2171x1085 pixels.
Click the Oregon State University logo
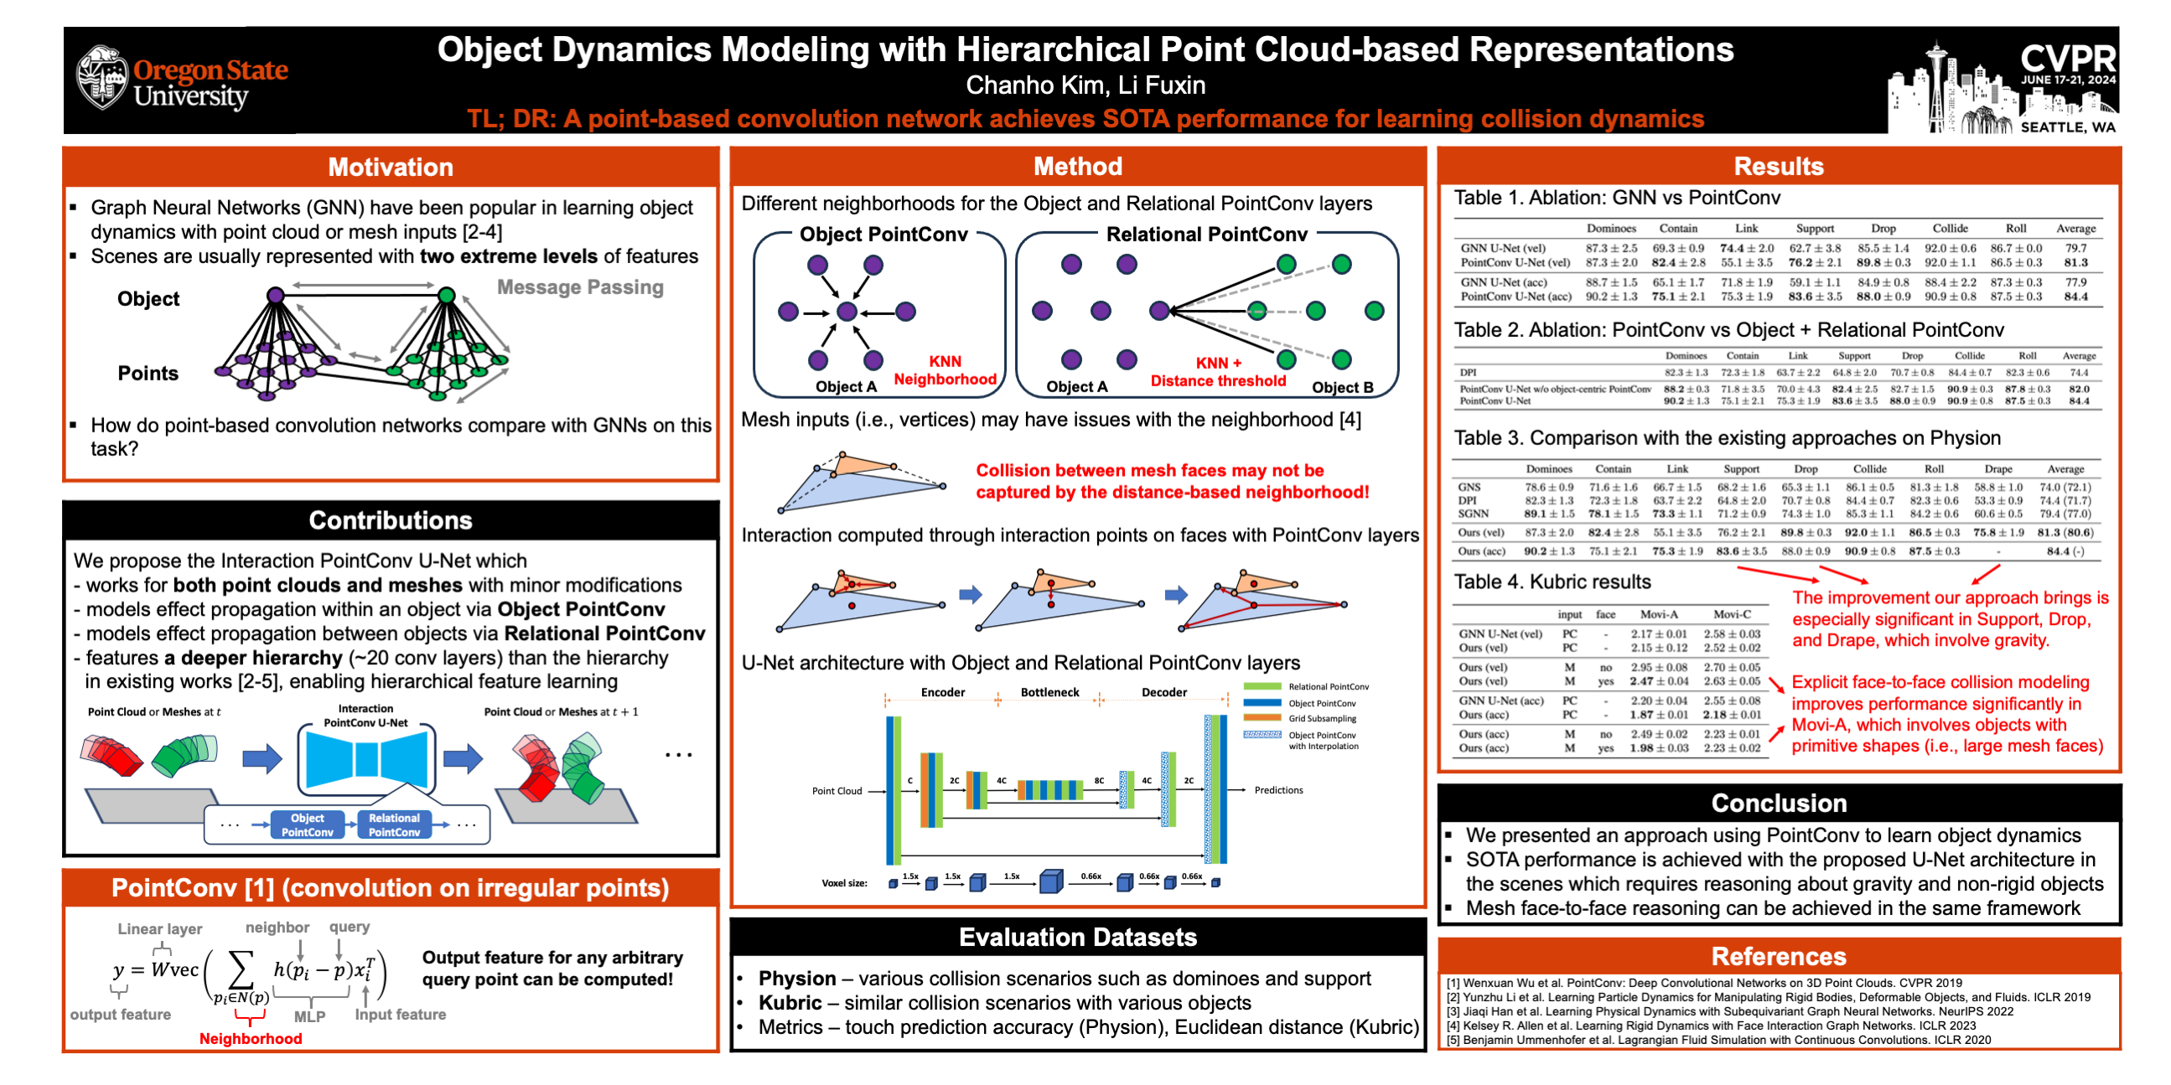(x=182, y=81)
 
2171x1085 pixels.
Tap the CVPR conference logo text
(x=2067, y=59)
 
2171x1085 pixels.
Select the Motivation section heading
(x=391, y=167)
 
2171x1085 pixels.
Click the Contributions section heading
(x=391, y=519)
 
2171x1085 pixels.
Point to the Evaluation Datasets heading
(x=1077, y=937)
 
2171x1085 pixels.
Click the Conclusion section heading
(x=1778, y=803)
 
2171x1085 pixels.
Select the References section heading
(x=1778, y=956)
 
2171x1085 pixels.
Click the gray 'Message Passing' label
(x=580, y=287)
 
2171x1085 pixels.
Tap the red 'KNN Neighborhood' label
(x=945, y=369)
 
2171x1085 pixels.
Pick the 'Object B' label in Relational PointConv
(x=1343, y=387)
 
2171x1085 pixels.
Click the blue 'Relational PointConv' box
(x=394, y=824)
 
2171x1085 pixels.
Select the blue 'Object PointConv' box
(x=307, y=824)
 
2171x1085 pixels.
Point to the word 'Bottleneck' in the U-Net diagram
(x=1049, y=692)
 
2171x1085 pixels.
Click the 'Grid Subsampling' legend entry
(x=1322, y=719)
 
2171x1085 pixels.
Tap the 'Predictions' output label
(x=1277, y=790)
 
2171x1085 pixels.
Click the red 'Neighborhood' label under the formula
(x=251, y=1039)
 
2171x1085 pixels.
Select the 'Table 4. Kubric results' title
(x=1552, y=581)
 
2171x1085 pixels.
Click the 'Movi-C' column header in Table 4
(x=1731, y=614)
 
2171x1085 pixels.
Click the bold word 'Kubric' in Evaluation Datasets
(x=790, y=1002)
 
